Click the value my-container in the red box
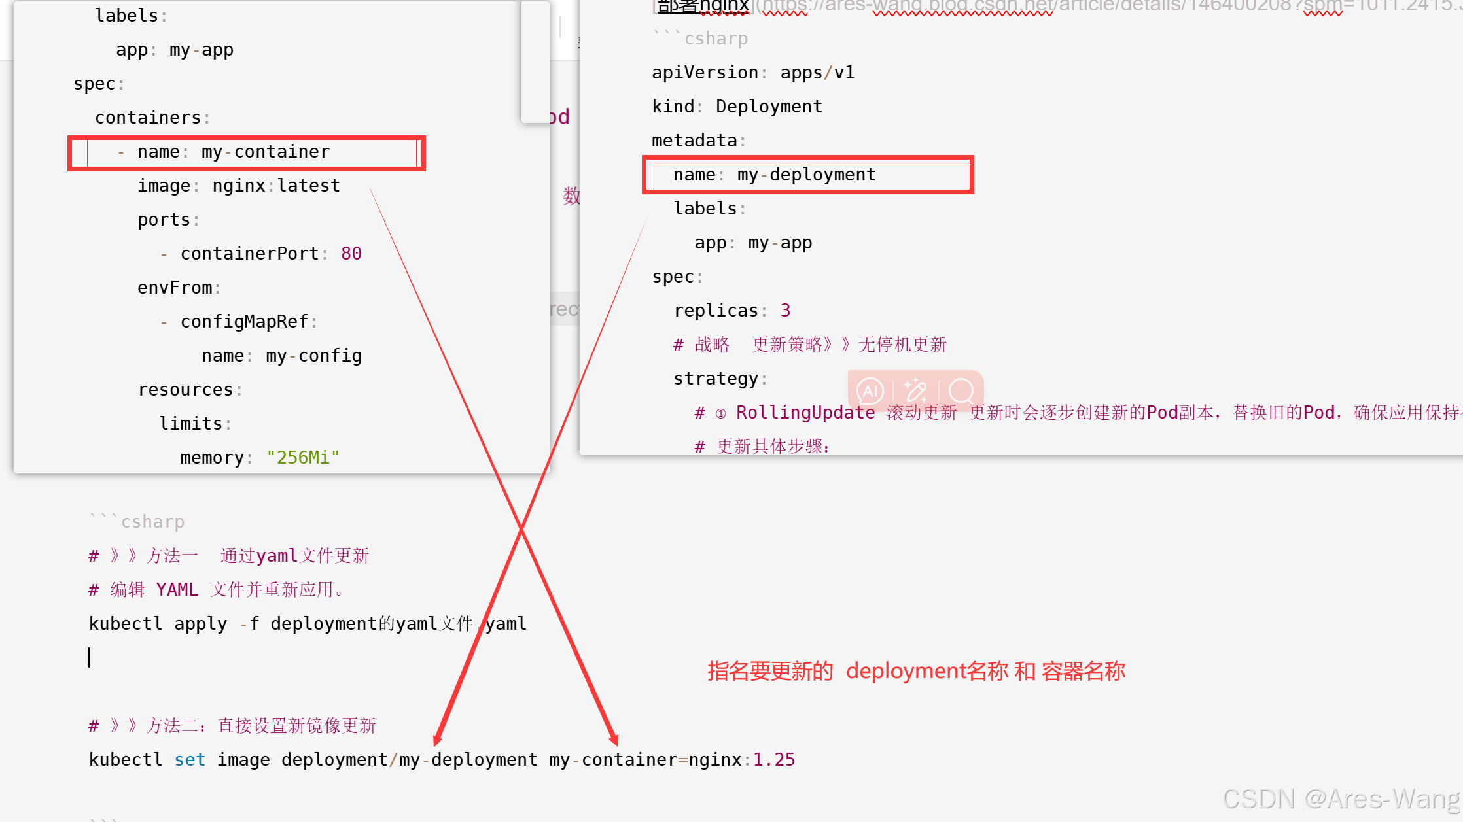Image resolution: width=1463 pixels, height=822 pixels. pyautogui.click(x=265, y=152)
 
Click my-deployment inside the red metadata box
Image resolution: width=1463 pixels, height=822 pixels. pyautogui.click(x=806, y=175)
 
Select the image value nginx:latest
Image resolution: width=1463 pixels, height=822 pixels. pyautogui.click(x=275, y=186)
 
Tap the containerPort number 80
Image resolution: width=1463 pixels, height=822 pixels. pyautogui.click(x=351, y=254)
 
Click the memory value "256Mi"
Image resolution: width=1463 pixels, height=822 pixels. pyautogui.click(x=303, y=458)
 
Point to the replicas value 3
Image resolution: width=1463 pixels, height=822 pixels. pyautogui.click(x=785, y=311)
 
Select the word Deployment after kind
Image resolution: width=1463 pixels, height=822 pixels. pyautogui.click(x=769, y=107)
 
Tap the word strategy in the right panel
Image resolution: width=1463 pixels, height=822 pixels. pyautogui.click(x=716, y=379)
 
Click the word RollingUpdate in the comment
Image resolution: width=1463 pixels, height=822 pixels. pyautogui.click(x=805, y=413)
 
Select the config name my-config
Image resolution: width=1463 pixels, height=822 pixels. pyautogui.click(x=313, y=356)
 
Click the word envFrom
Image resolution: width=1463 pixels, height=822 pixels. pyautogui.click(x=175, y=288)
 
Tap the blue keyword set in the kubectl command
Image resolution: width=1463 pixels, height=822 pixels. pyautogui.click(x=190, y=760)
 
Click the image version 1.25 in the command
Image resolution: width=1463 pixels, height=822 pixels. pyautogui.click(x=774, y=760)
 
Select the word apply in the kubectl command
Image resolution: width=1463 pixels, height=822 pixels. pyautogui.click(x=200, y=624)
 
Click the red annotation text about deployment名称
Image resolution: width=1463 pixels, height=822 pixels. pyautogui.click(x=916, y=672)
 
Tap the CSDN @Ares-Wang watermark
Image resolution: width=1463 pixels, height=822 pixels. pyautogui.click(x=1341, y=799)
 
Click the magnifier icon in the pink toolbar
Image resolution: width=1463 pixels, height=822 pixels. pyautogui.click(x=961, y=391)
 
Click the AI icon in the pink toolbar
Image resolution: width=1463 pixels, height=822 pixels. pyautogui.click(x=870, y=391)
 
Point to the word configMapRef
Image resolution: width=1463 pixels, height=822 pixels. pyautogui.click(x=244, y=322)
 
